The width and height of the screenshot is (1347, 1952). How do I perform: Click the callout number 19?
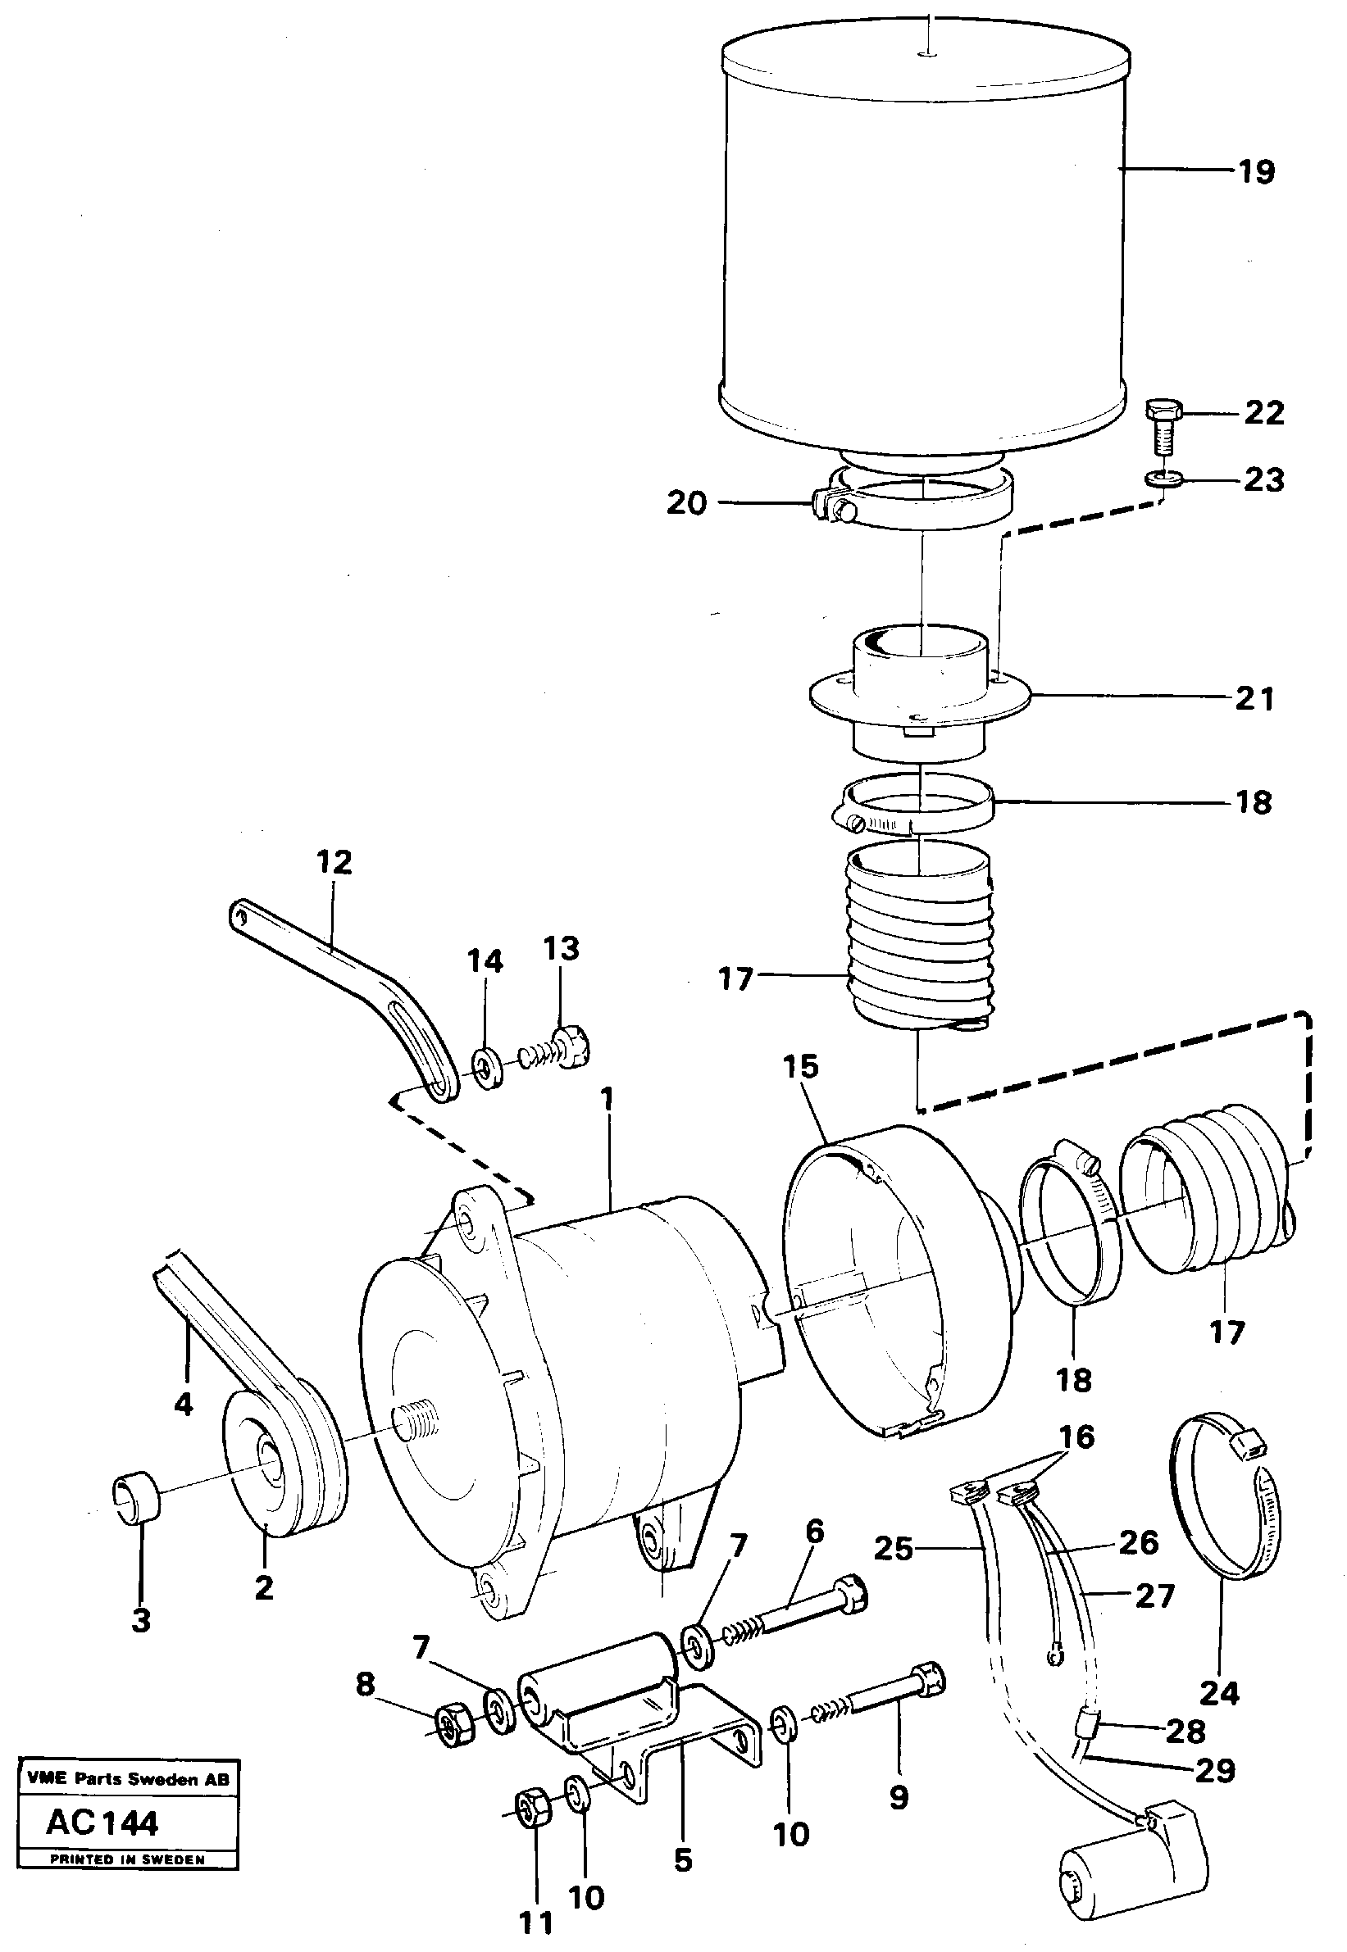pos(1256,172)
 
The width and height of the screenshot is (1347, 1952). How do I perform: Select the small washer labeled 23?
pos(1159,480)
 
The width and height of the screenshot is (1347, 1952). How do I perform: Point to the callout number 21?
pos(1254,698)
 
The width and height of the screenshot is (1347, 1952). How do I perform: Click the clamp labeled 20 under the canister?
pos(920,504)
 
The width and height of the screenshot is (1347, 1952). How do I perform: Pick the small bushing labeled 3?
pos(136,1497)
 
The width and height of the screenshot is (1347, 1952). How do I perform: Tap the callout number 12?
pos(334,862)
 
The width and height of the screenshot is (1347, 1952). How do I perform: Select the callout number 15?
pos(800,1066)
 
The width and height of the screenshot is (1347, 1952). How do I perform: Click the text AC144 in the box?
pos(102,1823)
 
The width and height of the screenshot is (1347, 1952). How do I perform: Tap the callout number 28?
pos(1185,1731)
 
